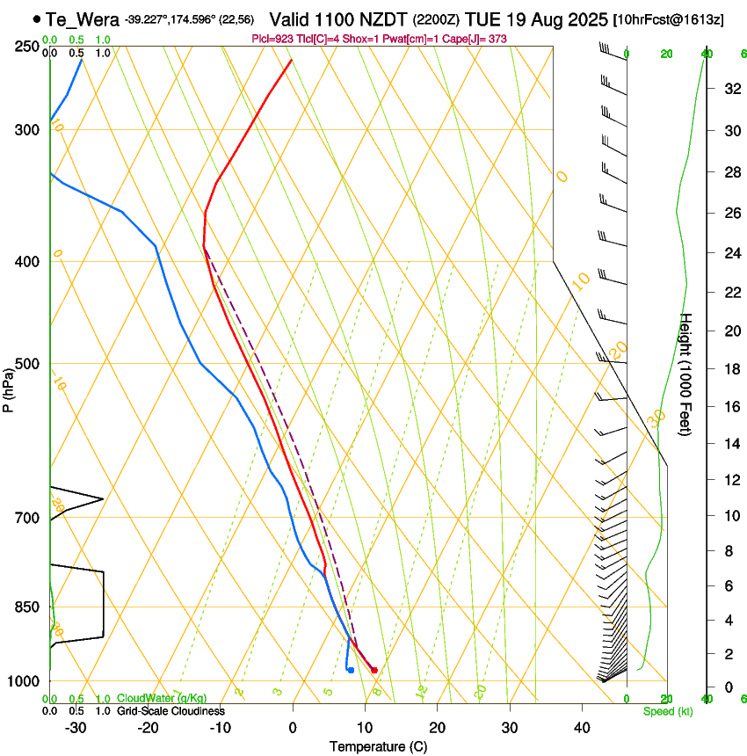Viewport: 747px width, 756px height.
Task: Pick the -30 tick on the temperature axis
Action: click(76, 728)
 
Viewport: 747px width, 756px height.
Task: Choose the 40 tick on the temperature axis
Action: click(582, 728)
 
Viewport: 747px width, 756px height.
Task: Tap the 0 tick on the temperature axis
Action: click(293, 728)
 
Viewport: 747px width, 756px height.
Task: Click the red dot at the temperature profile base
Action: click(374, 671)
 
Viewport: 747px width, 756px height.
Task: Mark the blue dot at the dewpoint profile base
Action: click(351, 671)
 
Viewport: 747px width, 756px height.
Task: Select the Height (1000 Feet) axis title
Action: click(686, 374)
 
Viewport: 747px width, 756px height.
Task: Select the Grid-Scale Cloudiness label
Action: click(170, 711)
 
